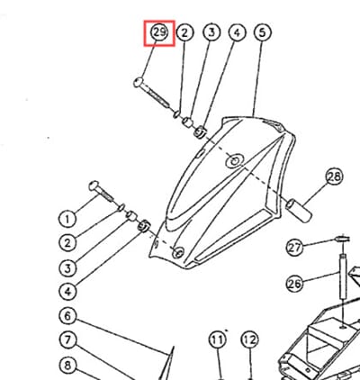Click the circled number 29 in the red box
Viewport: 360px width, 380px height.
pyautogui.click(x=159, y=32)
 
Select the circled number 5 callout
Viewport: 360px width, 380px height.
pyautogui.click(x=263, y=32)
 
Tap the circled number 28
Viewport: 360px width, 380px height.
pyautogui.click(x=334, y=176)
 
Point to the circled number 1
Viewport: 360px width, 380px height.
pyautogui.click(x=67, y=219)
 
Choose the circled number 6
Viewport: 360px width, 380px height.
pyautogui.click(x=67, y=316)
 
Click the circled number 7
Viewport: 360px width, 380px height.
pyautogui.click(x=67, y=340)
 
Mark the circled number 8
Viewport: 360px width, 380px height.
pyautogui.click(x=67, y=366)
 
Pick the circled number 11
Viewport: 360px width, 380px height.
pyautogui.click(x=217, y=340)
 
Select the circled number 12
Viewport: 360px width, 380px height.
pyautogui.click(x=250, y=340)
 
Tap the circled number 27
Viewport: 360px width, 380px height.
pyautogui.click(x=294, y=248)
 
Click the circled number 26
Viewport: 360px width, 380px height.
pyautogui.click(x=294, y=284)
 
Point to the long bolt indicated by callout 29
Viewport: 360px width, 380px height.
pyautogui.click(x=151, y=93)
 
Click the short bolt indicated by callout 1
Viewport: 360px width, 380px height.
pyautogui.click(x=101, y=191)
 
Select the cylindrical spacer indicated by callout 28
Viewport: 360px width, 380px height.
pyautogui.click(x=299, y=211)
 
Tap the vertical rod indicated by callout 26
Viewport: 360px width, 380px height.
pyautogui.click(x=343, y=276)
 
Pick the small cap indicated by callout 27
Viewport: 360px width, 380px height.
pyautogui.click(x=343, y=239)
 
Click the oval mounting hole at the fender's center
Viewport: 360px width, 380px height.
pyautogui.click(x=234, y=161)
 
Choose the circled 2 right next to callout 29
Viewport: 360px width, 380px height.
pyautogui.click(x=184, y=32)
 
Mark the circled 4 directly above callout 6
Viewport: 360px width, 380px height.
pyautogui.click(x=67, y=292)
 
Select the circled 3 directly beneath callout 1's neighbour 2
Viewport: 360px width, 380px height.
pyautogui.click(x=67, y=267)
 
